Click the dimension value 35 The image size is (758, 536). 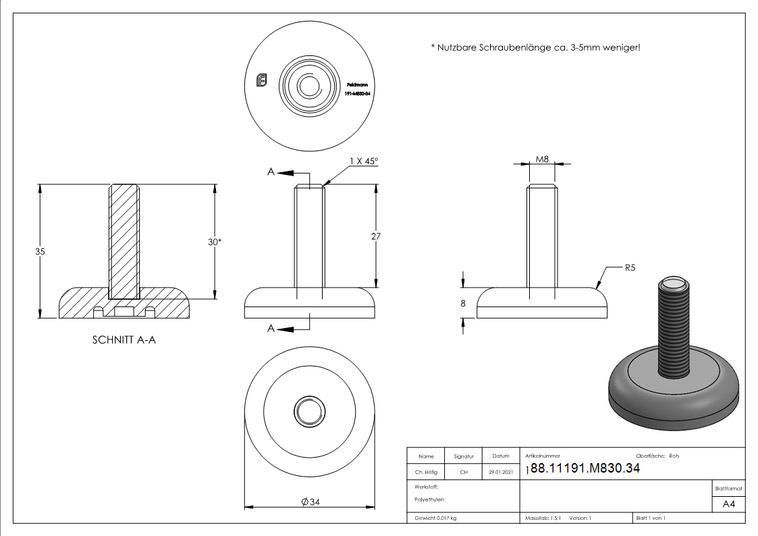tap(40, 251)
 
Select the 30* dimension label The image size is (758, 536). tap(215, 242)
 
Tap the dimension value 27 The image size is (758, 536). tap(376, 236)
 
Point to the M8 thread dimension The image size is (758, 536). tap(542, 159)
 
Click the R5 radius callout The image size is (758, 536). tap(630, 268)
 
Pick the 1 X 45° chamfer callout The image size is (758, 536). tap(364, 161)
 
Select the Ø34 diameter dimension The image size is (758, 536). tap(310, 502)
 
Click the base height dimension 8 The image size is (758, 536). tap(463, 304)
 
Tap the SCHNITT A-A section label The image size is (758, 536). tap(124, 340)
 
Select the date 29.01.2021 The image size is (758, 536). tap(501, 473)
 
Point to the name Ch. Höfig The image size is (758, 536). tap(426, 473)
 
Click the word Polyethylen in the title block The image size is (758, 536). tap(430, 500)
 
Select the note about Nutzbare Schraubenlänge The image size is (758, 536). tap(535, 47)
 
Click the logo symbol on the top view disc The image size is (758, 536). tap(263, 81)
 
